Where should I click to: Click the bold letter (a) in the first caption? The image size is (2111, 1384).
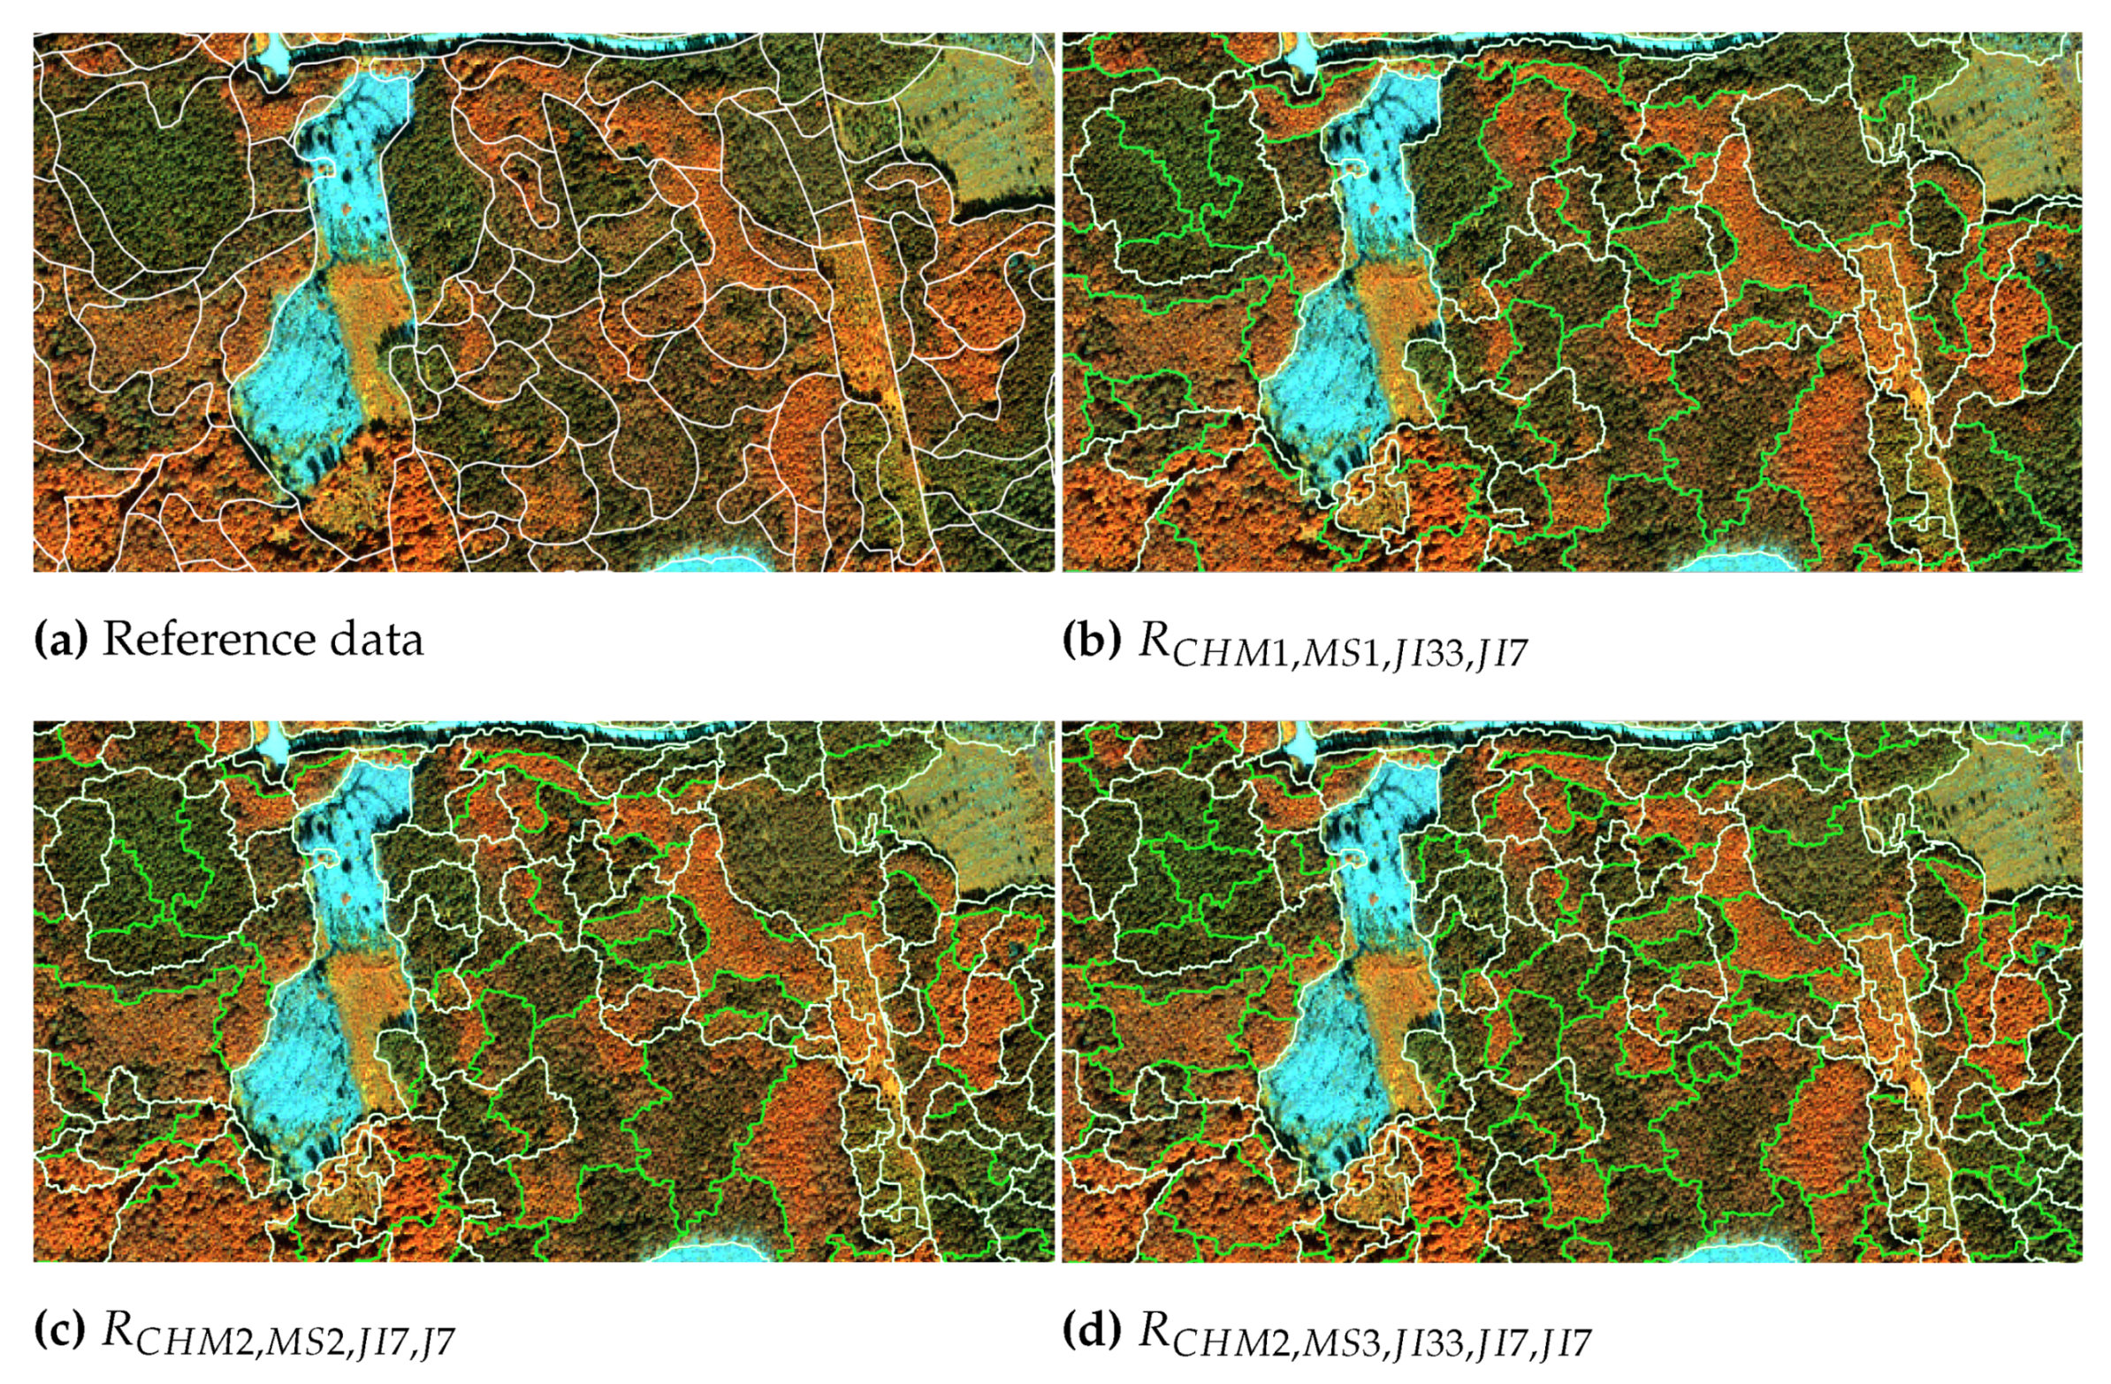click(60, 640)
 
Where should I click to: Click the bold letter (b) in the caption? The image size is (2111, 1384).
click(1091, 640)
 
